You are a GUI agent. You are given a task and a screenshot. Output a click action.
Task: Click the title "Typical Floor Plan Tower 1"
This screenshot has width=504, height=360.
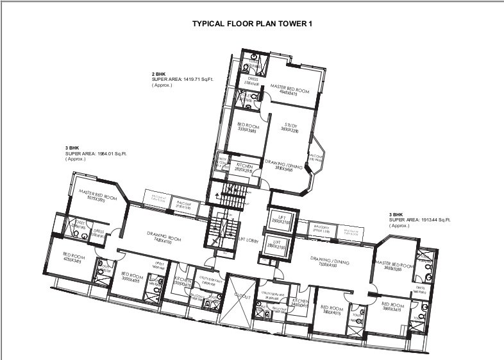pyautogui.click(x=252, y=24)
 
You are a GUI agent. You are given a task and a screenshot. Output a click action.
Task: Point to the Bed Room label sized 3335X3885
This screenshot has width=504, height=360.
pyautogui.click(x=247, y=126)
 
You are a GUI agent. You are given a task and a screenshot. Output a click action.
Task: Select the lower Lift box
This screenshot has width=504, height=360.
pyautogui.click(x=278, y=244)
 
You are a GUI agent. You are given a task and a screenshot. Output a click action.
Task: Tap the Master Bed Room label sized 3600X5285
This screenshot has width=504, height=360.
pyautogui.click(x=392, y=266)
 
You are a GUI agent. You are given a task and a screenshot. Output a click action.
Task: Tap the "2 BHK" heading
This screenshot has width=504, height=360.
pyautogui.click(x=158, y=74)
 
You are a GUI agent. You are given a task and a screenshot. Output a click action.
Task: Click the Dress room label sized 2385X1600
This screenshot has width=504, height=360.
pyautogui.click(x=250, y=82)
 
